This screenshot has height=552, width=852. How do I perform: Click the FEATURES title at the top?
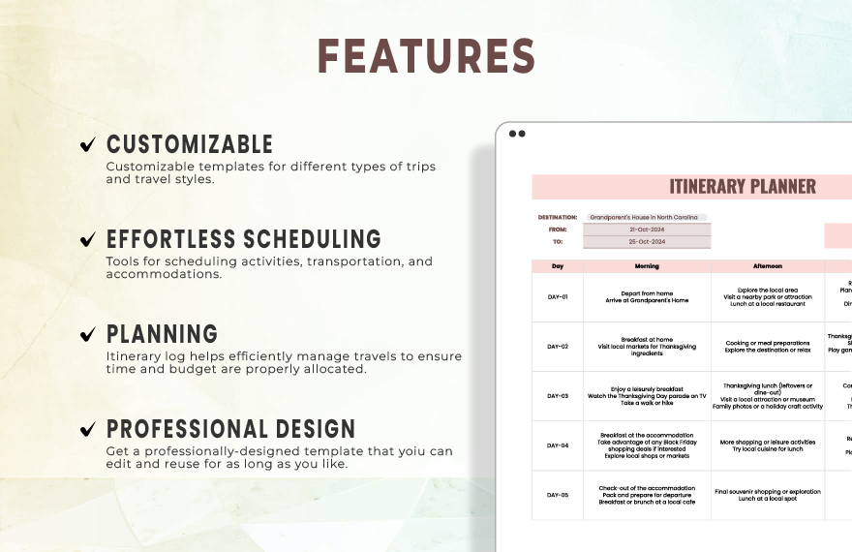point(426,56)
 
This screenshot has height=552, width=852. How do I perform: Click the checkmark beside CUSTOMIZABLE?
point(87,145)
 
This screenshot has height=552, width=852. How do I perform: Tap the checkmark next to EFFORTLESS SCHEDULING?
point(87,239)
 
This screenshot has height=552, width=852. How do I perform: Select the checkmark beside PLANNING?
point(87,334)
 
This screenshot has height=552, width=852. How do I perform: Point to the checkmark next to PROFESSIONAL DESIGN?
point(87,429)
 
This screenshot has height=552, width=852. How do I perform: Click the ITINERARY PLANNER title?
point(743,187)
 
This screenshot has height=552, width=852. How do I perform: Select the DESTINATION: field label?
point(557,218)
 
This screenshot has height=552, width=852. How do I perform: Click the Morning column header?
point(647,266)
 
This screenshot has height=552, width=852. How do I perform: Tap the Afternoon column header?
point(768,266)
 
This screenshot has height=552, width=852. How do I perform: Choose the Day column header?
point(558,266)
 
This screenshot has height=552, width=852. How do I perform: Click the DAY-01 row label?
point(558,297)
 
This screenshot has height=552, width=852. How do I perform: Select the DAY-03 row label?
point(558,396)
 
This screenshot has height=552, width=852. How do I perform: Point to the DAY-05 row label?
point(558,495)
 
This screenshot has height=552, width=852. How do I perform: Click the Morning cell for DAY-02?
point(647,347)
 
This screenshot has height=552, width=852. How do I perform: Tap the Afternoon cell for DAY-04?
point(768,445)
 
